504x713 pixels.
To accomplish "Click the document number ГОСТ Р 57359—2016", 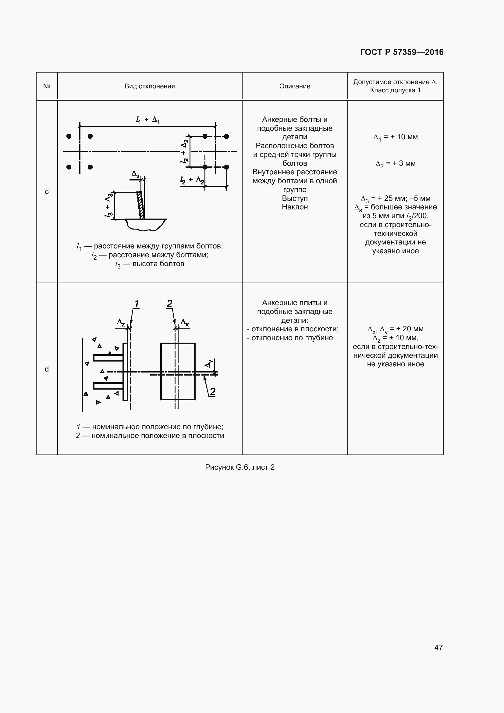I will click(402, 52).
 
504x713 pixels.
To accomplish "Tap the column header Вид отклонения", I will click(150, 86).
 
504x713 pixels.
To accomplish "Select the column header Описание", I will click(295, 86).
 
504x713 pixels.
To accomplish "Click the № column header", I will click(47, 86).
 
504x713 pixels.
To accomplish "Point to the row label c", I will click(47, 192).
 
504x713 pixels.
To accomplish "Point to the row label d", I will click(47, 369).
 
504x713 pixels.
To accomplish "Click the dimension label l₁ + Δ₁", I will click(148, 120).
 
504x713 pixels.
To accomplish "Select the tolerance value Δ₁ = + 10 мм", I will click(396, 137).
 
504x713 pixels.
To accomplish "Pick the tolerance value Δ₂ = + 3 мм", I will click(396, 164).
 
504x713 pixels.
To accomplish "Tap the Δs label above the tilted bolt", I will click(136, 174).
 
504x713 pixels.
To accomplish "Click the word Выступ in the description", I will click(295, 198).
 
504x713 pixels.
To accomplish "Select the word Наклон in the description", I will click(295, 207).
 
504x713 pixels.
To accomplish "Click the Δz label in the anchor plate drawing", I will click(121, 323).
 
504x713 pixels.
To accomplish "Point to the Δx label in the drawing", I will click(185, 323).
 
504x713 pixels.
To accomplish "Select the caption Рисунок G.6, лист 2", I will click(240, 467).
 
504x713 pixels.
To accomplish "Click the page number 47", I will click(438, 647).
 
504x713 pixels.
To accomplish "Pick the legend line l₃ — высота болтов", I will click(150, 264).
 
